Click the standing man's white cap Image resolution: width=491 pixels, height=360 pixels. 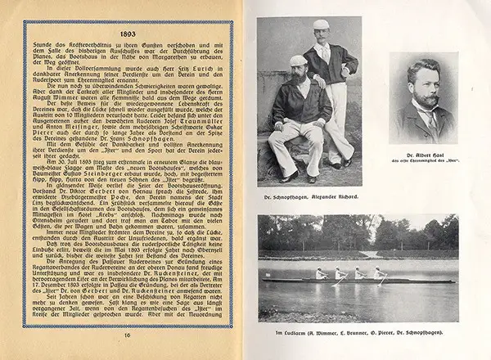322,25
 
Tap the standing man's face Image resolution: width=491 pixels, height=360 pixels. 322,37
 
